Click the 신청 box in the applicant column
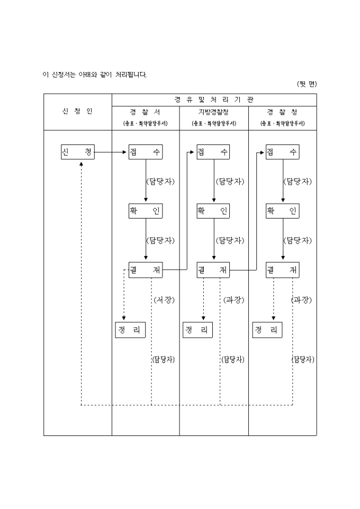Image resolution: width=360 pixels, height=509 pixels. click(77, 152)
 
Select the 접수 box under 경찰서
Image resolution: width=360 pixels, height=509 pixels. click(146, 152)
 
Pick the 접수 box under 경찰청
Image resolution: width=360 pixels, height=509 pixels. click(282, 152)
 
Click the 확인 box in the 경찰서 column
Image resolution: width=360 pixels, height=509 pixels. click(146, 211)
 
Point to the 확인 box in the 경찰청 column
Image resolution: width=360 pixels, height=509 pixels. click(282, 211)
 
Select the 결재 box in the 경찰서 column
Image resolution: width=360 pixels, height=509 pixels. click(146, 270)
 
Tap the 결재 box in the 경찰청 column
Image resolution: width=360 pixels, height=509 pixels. click(282, 270)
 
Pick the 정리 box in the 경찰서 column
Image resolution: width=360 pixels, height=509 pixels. click(130, 330)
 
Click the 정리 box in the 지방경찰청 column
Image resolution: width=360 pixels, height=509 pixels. click(198, 330)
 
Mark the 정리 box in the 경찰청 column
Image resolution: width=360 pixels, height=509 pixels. click(267, 330)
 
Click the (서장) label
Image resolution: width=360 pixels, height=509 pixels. click(164, 299)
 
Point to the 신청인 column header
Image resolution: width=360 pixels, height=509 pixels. click(77, 112)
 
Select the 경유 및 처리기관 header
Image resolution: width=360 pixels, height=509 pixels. click(214, 99)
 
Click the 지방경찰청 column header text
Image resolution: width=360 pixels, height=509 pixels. click(214, 112)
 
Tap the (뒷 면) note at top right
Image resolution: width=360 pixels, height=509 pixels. click(307, 84)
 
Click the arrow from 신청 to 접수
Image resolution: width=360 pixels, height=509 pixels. click(111, 152)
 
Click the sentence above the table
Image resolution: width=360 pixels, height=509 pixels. click(95, 74)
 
